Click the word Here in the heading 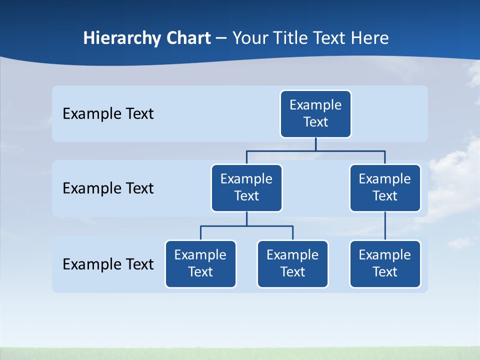pos(369,38)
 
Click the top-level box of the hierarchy pos(315,114)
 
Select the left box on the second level pos(246,188)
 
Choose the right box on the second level pos(385,188)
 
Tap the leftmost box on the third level pos(200,264)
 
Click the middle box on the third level pos(292,264)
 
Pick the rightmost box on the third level pos(385,264)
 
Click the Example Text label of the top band pos(108,114)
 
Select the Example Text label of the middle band pos(108,188)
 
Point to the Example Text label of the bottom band pos(108,264)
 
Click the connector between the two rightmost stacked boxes pos(385,226)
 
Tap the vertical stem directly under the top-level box pos(315,144)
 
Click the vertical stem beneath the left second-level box pos(246,218)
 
